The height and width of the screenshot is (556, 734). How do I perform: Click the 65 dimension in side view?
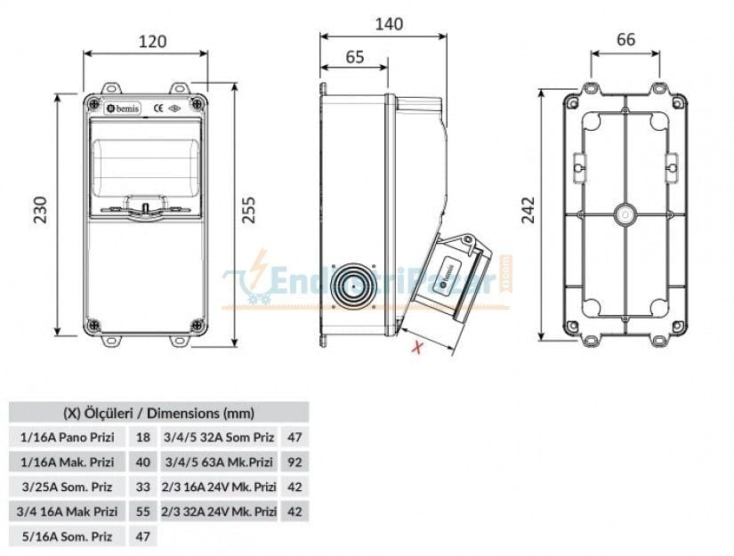(x=353, y=57)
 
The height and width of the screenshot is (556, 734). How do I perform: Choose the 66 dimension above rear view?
(x=625, y=39)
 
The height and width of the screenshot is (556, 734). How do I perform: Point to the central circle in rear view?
(x=625, y=215)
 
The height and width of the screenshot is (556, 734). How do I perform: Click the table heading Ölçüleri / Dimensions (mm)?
(x=158, y=413)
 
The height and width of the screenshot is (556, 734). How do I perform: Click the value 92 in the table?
(x=295, y=462)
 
